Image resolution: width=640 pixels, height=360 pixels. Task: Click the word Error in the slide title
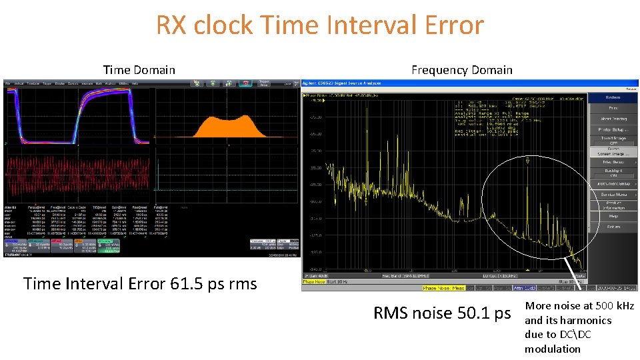pos(447,25)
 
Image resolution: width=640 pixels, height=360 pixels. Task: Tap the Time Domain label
pos(139,70)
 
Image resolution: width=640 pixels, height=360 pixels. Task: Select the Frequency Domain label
pos(462,70)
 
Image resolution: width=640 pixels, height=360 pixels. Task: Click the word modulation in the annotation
pos(553,349)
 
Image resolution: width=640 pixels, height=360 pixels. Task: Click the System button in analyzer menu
pos(613,97)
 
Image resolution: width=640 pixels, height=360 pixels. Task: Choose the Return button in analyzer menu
pos(613,227)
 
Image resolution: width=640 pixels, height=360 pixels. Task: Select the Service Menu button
pos(613,194)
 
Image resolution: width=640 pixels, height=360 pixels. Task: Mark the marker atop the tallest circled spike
pos(527,161)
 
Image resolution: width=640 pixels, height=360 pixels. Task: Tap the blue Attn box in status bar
pos(524,288)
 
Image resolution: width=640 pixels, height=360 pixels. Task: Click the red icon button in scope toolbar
pos(247,83)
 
